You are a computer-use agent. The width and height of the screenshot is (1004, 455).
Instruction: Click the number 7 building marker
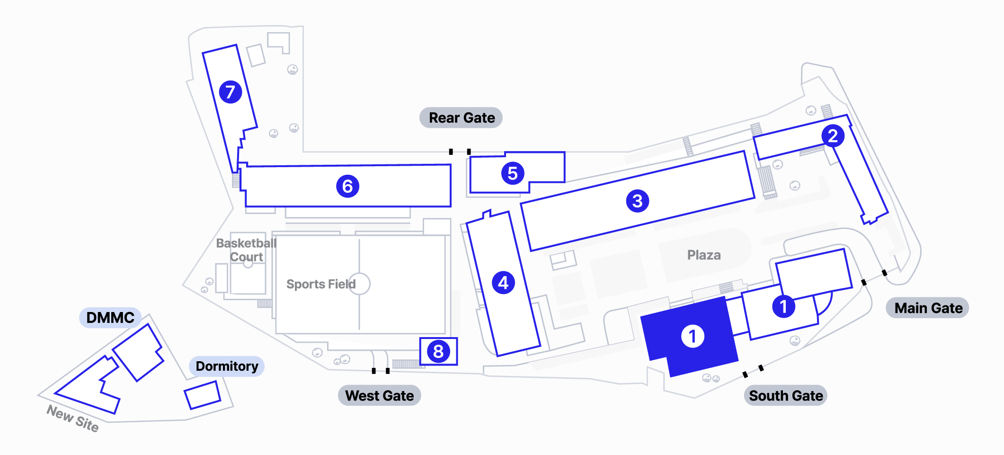[231, 92]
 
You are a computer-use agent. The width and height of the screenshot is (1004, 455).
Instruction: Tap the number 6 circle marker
[347, 186]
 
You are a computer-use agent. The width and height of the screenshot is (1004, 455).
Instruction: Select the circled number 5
[513, 173]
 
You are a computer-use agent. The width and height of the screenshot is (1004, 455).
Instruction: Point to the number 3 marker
[637, 201]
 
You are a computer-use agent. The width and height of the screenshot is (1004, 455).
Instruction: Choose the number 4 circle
[503, 283]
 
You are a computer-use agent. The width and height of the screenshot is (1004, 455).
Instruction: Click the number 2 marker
[833, 136]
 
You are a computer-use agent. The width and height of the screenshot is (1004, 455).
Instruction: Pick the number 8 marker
[438, 351]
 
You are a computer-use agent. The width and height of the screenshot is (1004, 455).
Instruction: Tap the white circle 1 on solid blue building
[693, 336]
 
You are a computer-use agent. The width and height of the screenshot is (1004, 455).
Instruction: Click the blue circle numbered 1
[783, 306]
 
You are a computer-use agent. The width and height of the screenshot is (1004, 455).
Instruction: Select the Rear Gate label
[461, 118]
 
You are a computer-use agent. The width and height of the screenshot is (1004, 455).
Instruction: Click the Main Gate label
[928, 308]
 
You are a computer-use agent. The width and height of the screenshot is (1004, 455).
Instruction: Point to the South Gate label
[786, 396]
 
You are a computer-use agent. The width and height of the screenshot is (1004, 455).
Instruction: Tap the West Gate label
[379, 396]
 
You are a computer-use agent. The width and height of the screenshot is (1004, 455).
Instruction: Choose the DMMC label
[110, 318]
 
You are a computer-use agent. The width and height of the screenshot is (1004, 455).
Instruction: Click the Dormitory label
[227, 366]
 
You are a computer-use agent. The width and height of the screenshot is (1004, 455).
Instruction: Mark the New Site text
[73, 419]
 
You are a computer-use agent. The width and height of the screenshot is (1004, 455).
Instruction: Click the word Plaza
[704, 255]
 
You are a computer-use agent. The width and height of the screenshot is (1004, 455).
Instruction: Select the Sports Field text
[321, 284]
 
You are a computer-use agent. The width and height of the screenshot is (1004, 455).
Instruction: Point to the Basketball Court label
[246, 250]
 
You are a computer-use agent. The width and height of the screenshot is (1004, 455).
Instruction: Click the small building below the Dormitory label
[203, 395]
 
